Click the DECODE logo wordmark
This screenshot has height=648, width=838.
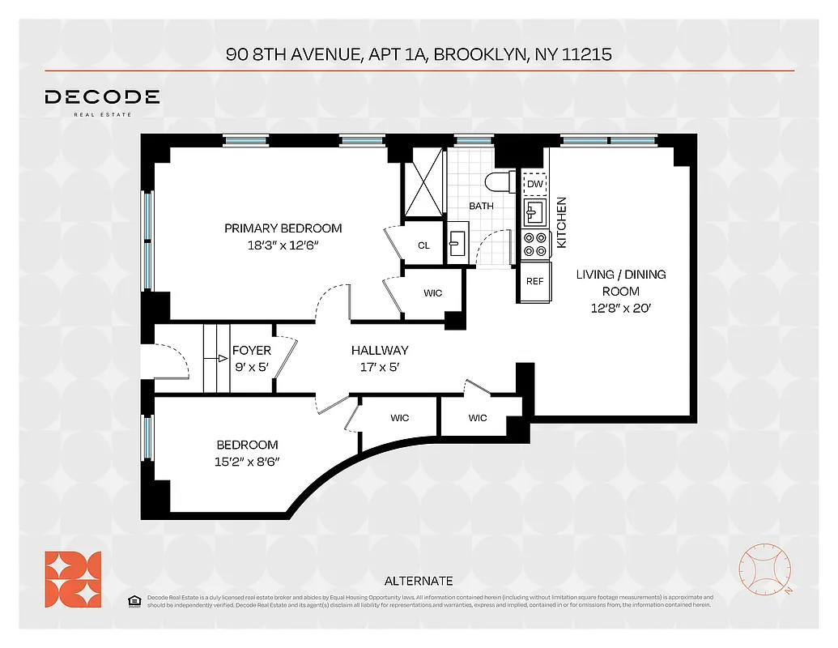click(x=102, y=98)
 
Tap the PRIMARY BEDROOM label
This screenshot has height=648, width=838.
click(x=283, y=228)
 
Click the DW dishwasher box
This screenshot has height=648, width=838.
click(x=534, y=184)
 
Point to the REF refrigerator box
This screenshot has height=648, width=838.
click(x=534, y=282)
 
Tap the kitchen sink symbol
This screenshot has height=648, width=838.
click(x=534, y=213)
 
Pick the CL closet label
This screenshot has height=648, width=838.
click(x=423, y=245)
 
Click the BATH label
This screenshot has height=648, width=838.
click(x=481, y=206)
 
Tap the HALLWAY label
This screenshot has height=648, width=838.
click(x=379, y=351)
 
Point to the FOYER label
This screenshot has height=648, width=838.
click(x=251, y=351)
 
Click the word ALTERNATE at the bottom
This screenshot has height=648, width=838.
click(x=418, y=581)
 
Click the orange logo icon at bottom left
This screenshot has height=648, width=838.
click(x=73, y=578)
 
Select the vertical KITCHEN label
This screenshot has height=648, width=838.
click(x=561, y=223)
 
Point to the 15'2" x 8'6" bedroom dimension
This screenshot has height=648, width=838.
click(x=247, y=463)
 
